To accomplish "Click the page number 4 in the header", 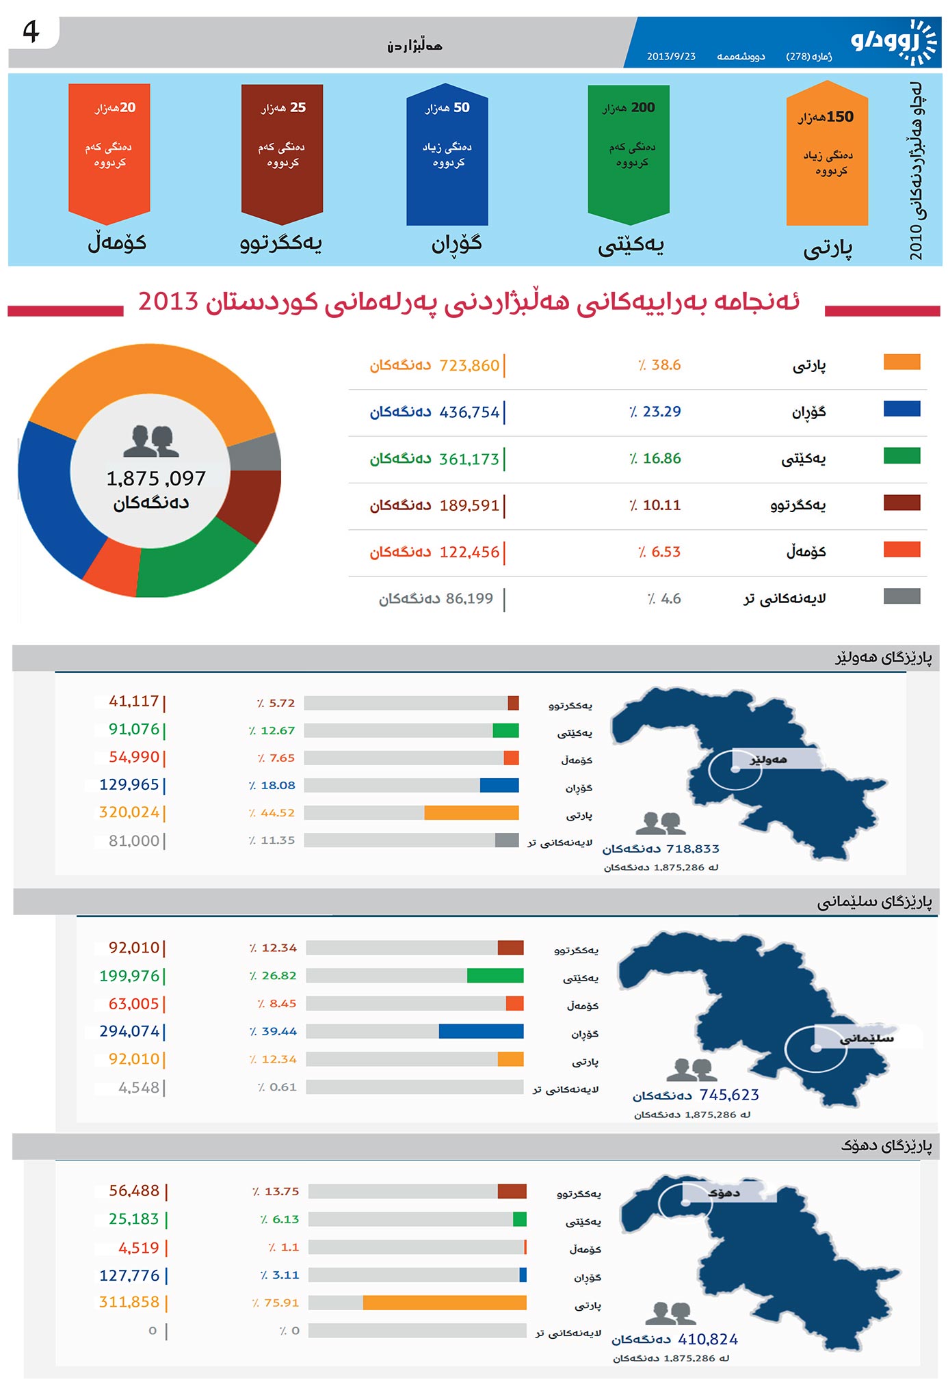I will (x=31, y=32).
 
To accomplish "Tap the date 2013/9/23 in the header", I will (x=670, y=57).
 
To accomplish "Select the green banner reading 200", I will (x=629, y=154).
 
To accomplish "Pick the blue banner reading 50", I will (x=447, y=154).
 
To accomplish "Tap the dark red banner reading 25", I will (x=282, y=154).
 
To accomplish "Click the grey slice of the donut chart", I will (x=255, y=453).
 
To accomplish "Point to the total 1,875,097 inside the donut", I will (x=156, y=479).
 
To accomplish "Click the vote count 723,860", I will (x=469, y=366).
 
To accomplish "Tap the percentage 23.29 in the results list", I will (x=661, y=412).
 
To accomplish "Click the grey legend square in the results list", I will (x=901, y=596).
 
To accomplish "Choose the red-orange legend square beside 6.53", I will (x=901, y=550).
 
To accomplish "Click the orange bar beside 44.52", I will (x=471, y=812).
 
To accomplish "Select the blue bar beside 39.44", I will (x=481, y=1031).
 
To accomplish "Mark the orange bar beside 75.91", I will (x=445, y=1303).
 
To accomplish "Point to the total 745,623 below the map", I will (x=728, y=1095).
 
